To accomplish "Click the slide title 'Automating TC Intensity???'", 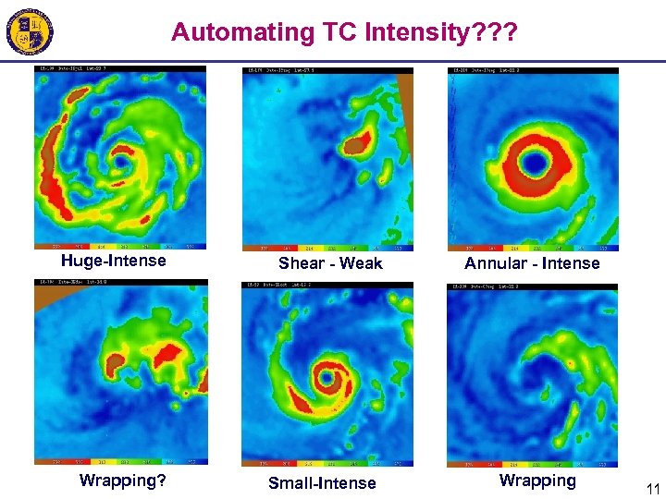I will click(x=344, y=32).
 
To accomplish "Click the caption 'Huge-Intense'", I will click(x=114, y=261).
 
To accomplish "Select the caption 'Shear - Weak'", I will click(x=330, y=263).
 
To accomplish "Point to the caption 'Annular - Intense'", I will click(x=532, y=263).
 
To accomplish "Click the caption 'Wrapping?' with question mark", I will click(x=122, y=481).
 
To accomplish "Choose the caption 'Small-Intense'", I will click(x=322, y=483).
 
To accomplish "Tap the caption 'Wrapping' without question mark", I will click(x=537, y=481).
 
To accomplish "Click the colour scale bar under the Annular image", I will click(x=534, y=248).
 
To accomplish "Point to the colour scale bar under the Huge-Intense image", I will click(x=120, y=247).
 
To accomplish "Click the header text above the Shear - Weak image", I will click(x=277, y=70).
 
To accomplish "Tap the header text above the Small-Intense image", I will click(x=277, y=286).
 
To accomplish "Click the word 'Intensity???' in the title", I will click(x=441, y=32).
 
